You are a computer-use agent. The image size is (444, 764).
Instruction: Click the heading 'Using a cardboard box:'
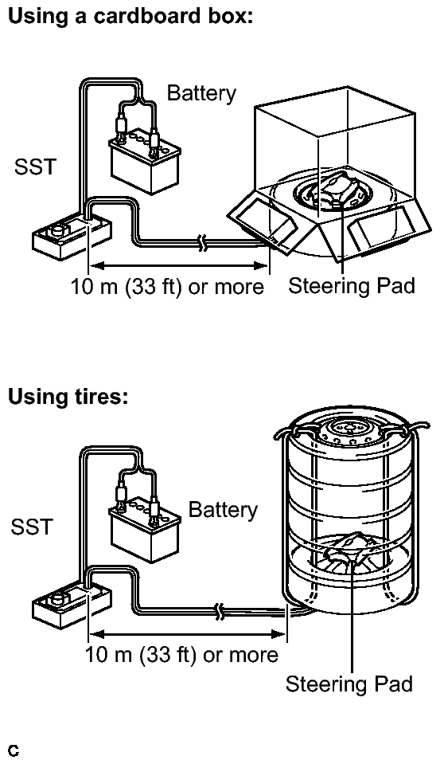(130, 17)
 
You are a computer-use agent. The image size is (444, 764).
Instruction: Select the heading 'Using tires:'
(68, 396)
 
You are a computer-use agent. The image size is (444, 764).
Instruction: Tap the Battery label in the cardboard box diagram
(201, 92)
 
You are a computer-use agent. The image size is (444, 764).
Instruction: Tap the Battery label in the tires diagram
(223, 510)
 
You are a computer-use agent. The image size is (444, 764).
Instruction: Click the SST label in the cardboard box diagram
(36, 167)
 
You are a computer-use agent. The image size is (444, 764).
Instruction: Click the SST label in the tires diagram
(32, 527)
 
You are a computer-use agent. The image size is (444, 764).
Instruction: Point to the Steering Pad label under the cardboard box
(352, 285)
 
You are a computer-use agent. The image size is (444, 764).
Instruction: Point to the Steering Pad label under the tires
(349, 684)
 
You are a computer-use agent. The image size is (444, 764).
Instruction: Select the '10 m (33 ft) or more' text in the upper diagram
(167, 287)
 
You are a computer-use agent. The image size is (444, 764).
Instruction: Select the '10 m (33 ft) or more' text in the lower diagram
(181, 654)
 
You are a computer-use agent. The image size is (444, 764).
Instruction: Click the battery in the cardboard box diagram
(144, 160)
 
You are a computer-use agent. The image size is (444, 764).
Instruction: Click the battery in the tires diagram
(144, 529)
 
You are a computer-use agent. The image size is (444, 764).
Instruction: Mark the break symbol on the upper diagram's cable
(203, 242)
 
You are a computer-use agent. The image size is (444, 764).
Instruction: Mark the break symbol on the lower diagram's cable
(220, 611)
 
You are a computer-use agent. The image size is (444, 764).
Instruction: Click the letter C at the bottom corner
(14, 750)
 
